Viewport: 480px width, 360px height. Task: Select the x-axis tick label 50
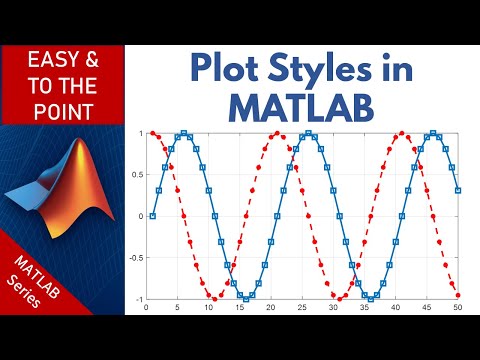click(x=458, y=307)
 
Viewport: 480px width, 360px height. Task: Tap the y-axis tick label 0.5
click(x=139, y=174)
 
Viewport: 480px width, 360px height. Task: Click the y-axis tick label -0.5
click(x=137, y=257)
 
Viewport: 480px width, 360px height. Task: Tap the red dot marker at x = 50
click(x=458, y=295)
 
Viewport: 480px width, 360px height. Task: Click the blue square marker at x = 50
click(x=458, y=190)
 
